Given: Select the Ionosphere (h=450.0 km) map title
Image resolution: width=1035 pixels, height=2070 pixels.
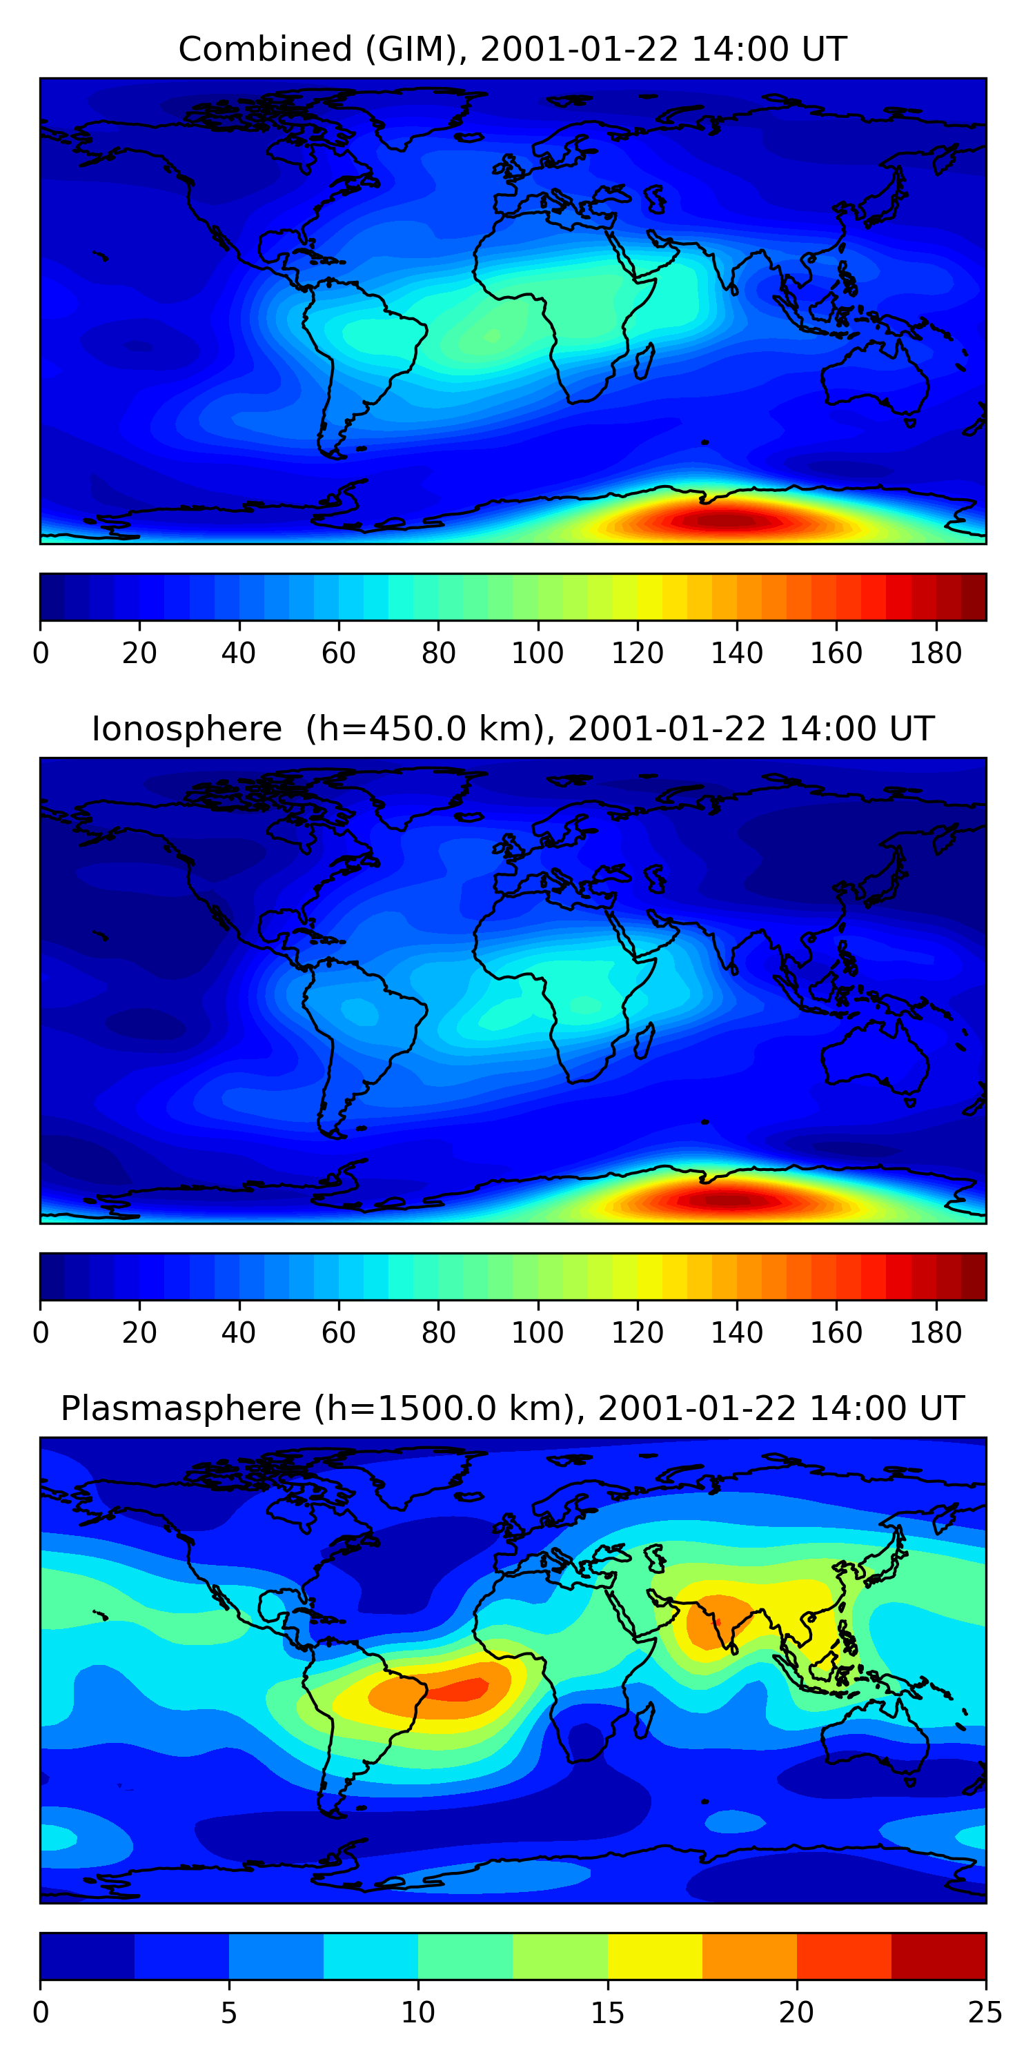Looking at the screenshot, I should tap(512, 729).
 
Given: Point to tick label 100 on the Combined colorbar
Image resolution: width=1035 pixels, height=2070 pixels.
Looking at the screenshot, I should tap(538, 653).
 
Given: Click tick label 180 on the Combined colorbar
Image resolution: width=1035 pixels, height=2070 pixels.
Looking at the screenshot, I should tap(936, 653).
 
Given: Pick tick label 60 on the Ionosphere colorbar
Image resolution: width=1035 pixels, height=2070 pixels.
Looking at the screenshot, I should tap(338, 1333).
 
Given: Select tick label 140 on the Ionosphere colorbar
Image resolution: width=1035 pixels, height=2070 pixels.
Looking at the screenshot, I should tap(736, 1333).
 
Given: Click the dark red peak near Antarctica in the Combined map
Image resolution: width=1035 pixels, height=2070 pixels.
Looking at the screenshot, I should tap(723, 521).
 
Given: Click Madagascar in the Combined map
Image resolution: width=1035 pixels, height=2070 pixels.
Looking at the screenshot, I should tap(644, 362).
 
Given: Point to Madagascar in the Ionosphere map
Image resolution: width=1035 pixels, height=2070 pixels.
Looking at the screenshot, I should tap(644, 1041).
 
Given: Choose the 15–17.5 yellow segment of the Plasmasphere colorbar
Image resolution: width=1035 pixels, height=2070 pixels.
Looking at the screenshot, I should tap(654, 1957).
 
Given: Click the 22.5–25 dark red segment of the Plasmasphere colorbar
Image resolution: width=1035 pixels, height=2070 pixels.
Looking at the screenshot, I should tap(938, 1957).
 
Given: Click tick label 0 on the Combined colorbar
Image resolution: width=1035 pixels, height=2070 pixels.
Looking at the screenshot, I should tap(41, 653).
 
